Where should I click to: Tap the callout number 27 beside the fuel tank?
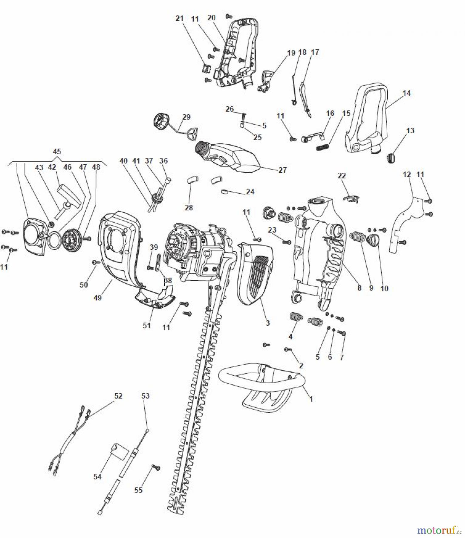coord(282,170)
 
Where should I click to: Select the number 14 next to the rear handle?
coord(406,93)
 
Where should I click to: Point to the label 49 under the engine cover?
coord(98,298)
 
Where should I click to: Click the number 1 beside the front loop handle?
coord(311,399)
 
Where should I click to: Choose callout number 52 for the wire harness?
coord(118,396)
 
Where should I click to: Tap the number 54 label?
coord(97,476)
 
